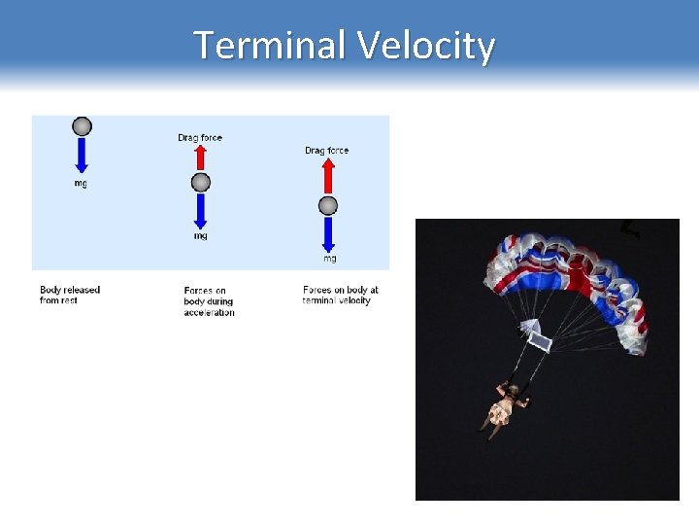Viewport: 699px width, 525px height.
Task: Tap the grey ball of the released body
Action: (x=83, y=126)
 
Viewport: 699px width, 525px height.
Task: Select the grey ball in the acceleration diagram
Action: (x=200, y=183)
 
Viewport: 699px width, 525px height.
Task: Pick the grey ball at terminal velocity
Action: (x=328, y=205)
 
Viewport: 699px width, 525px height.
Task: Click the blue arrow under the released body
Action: (x=83, y=156)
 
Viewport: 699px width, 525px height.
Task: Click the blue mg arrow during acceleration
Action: (x=200, y=210)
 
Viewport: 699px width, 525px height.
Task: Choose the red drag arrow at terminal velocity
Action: (x=328, y=176)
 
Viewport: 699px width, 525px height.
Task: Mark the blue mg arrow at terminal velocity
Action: (x=328, y=233)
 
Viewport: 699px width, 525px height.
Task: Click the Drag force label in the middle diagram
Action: (x=200, y=138)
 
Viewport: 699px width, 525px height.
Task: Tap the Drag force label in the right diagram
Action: (x=327, y=151)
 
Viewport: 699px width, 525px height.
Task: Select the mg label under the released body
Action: (x=81, y=184)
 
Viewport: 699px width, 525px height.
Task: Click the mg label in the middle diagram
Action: (x=200, y=236)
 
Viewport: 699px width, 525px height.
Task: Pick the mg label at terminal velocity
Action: (x=330, y=259)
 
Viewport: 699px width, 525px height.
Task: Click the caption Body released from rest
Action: (x=70, y=296)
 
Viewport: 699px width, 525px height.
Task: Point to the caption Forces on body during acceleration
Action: (x=209, y=301)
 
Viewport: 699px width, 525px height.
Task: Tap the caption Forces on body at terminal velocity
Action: (x=340, y=296)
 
